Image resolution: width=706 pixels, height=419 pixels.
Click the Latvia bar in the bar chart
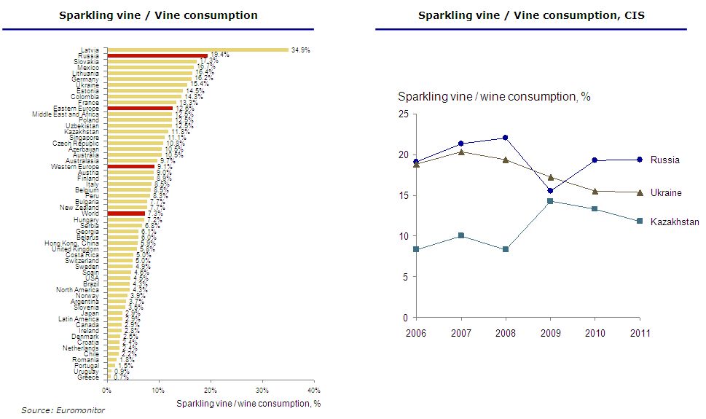tap(197, 50)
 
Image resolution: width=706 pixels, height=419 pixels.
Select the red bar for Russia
tap(157, 55)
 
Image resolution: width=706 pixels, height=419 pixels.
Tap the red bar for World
tap(126, 214)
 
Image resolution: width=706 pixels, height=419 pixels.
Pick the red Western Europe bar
tap(130, 166)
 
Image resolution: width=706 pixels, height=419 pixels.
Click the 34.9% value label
tap(300, 50)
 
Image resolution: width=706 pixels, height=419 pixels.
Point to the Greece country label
tap(90, 377)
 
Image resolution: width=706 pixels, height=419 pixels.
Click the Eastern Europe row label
tap(75, 108)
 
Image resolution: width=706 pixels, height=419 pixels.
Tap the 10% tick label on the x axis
tap(158, 391)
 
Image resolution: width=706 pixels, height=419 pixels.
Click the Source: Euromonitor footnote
tap(63, 410)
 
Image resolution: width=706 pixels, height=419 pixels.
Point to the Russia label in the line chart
tap(664, 160)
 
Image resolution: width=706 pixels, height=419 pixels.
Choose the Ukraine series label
tap(666, 192)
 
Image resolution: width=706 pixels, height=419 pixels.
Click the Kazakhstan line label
tap(675, 222)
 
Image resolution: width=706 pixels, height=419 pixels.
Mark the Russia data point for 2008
tap(505, 138)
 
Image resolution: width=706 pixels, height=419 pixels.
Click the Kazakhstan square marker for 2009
tap(550, 201)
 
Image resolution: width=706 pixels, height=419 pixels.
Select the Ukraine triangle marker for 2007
tap(460, 152)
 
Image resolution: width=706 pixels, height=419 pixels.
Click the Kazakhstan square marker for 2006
tap(415, 249)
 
